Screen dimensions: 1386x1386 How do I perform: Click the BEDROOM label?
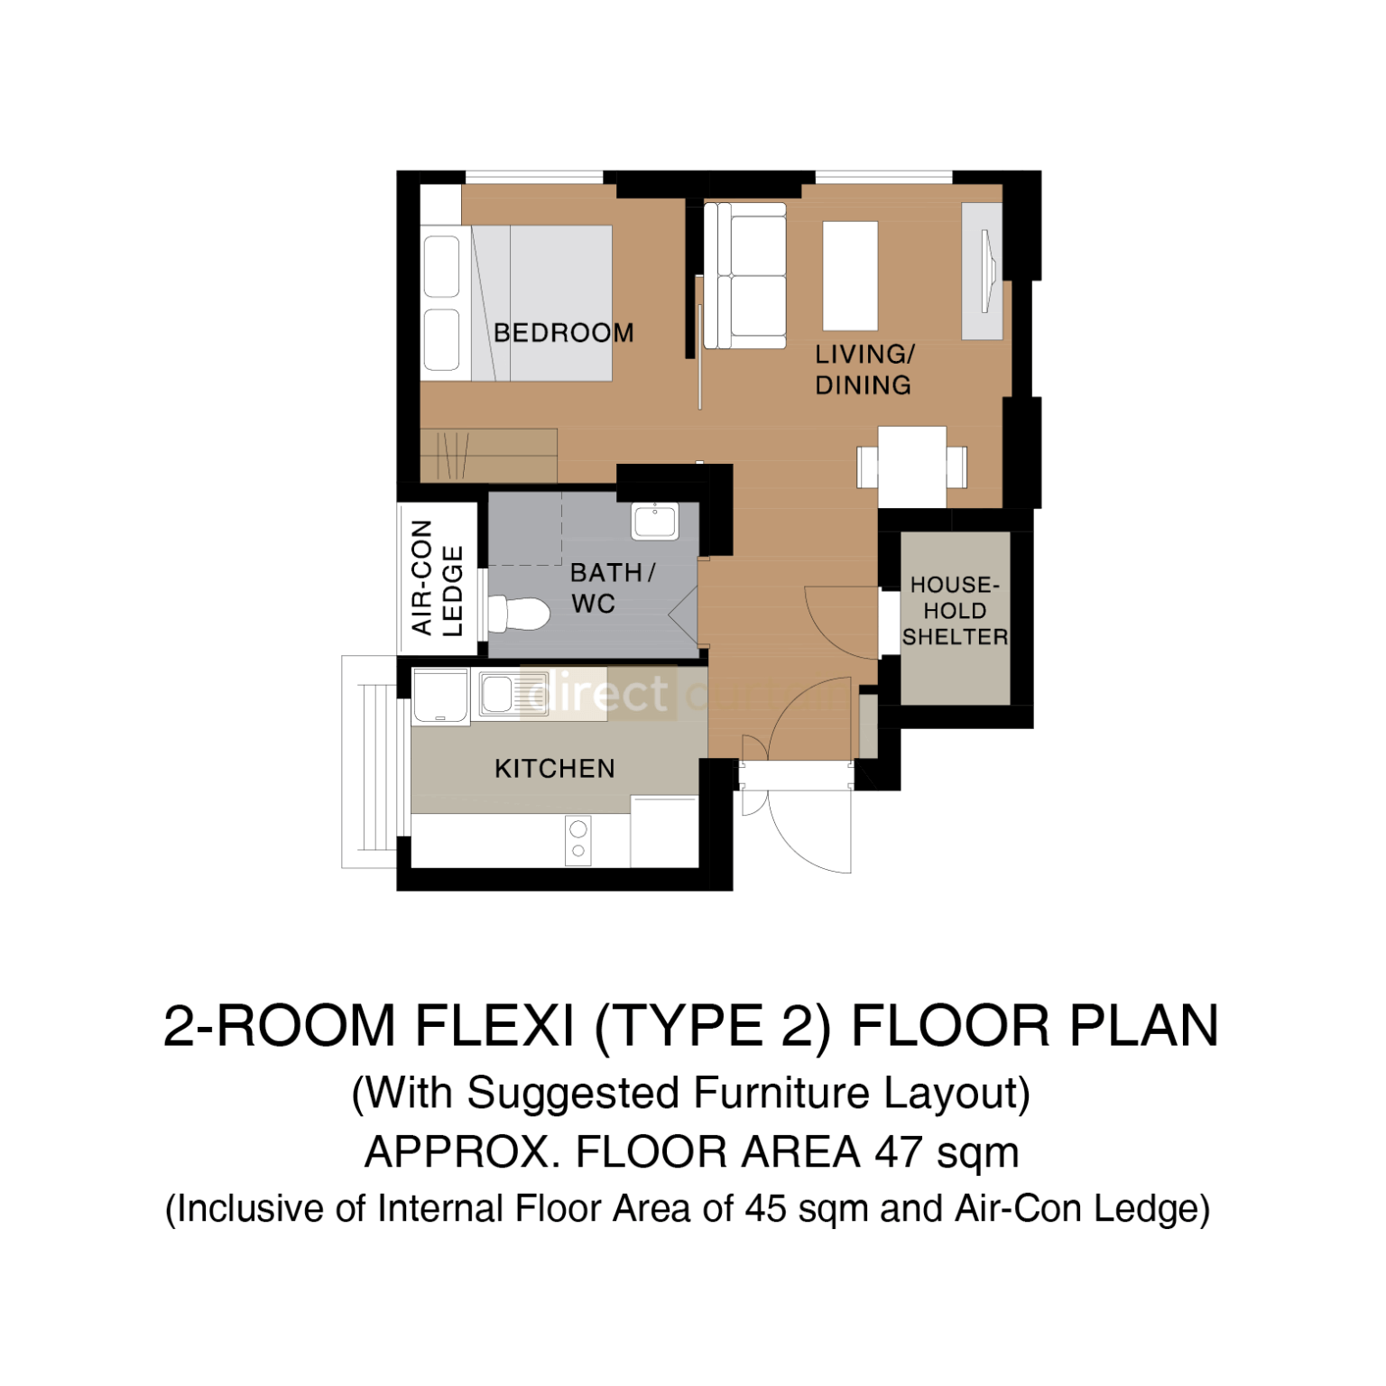coord(563,333)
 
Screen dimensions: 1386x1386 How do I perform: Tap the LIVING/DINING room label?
coord(864,370)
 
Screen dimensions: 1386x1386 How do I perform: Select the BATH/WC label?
coord(611,588)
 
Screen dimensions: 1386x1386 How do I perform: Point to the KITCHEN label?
coord(554,769)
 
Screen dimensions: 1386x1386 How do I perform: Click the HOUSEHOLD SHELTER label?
coord(955,611)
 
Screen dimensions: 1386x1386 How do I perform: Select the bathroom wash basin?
coord(654,522)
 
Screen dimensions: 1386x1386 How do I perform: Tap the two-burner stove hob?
coord(577,839)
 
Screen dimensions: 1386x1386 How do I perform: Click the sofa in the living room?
coord(744,275)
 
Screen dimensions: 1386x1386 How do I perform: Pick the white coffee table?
coord(850,275)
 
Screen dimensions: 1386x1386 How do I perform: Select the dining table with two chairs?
coord(911,467)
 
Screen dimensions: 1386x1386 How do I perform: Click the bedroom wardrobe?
coord(488,455)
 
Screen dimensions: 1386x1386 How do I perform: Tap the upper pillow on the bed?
coord(441,266)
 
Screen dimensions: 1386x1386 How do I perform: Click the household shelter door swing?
coord(839,623)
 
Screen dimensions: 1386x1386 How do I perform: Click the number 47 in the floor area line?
coord(898,1152)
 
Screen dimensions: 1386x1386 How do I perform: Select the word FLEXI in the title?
coord(494,1027)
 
